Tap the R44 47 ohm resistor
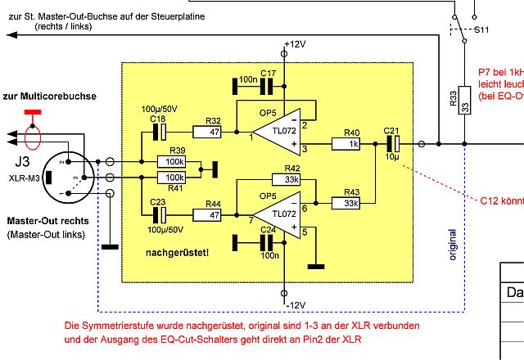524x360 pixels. coord(213,215)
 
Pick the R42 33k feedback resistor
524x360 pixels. coord(291,180)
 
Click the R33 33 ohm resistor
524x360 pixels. coord(464,106)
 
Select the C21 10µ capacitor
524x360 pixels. coord(391,144)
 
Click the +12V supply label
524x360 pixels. coord(295,43)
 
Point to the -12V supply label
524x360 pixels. coord(295,305)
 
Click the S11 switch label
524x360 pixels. coord(482,30)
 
